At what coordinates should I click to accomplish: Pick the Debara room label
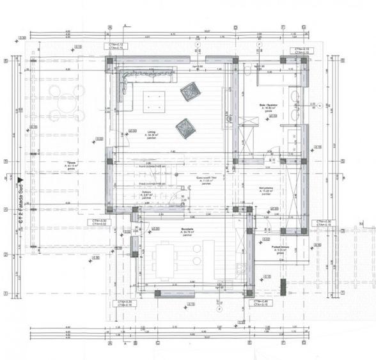coord(148,194)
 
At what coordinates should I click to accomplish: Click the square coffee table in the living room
coord(153,100)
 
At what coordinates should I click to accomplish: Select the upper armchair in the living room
coord(190,91)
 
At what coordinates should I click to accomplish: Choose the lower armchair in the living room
coord(184,127)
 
